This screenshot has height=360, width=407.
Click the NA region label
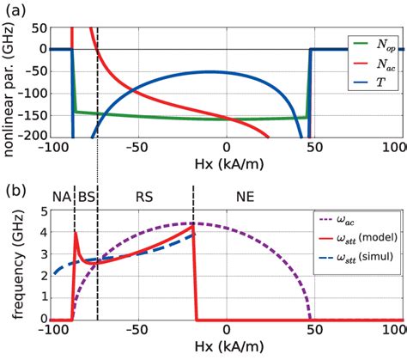click(x=61, y=196)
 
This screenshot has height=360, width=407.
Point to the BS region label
click(x=87, y=196)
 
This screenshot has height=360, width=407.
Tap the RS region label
click(x=144, y=196)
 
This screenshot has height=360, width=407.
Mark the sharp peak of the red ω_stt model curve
click(x=76, y=232)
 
